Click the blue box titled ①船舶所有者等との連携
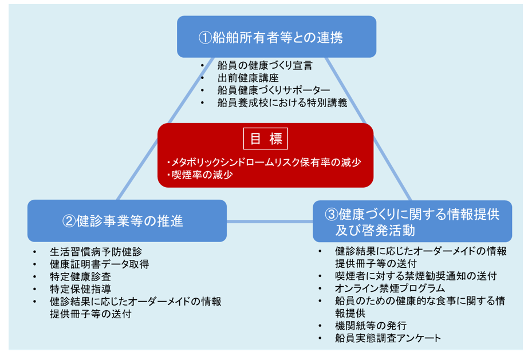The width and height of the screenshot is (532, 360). tap(276, 37)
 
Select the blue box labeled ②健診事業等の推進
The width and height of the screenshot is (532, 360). tap(127, 220)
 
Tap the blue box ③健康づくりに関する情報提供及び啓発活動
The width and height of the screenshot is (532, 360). tap(412, 221)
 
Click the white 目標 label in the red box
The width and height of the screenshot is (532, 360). tap(265, 139)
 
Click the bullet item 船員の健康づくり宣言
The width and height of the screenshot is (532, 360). tap(265, 66)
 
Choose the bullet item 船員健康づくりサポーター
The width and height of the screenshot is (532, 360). tap(274, 90)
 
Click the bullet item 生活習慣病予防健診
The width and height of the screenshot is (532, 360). tap(96, 252)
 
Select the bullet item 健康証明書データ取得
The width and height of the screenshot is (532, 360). tap(100, 264)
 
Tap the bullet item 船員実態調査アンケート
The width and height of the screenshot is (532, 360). tap(388, 338)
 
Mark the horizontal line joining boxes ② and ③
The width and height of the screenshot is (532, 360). tap(270, 221)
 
